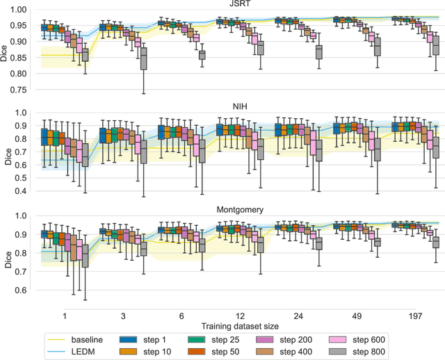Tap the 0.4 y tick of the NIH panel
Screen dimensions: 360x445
[21, 190]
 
